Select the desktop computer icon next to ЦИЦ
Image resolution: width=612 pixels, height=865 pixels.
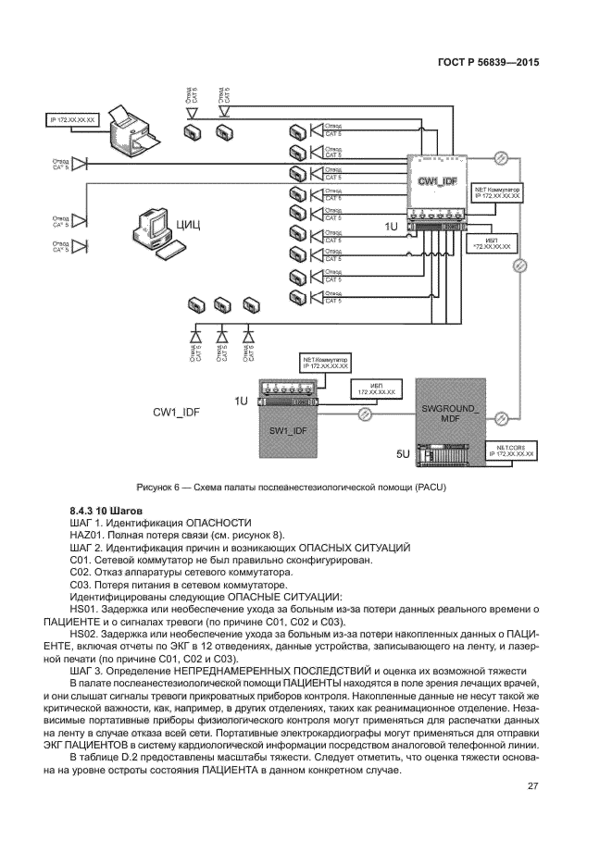(x=148, y=230)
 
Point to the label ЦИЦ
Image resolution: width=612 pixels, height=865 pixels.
(x=188, y=225)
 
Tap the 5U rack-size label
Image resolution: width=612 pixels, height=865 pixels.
(x=403, y=455)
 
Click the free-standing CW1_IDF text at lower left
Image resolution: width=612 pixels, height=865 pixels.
(x=177, y=414)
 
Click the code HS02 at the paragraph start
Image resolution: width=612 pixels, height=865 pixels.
(x=84, y=632)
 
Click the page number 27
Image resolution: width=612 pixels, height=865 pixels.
(x=532, y=787)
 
